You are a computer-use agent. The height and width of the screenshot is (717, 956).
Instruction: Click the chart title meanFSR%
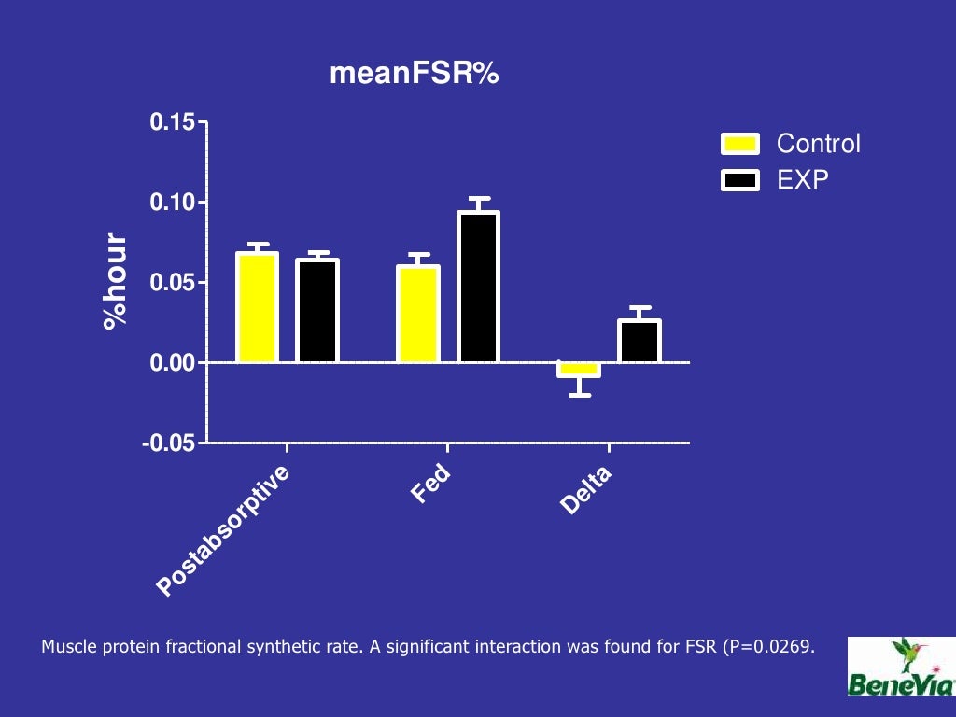tap(415, 74)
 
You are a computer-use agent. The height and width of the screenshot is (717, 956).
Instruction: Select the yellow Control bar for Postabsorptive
tap(257, 307)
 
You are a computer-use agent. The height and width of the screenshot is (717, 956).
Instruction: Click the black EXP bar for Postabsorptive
tap(317, 311)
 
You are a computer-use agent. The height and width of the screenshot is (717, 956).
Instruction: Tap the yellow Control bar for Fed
tap(418, 314)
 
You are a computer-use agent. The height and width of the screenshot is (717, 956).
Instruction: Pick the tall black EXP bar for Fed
tap(478, 287)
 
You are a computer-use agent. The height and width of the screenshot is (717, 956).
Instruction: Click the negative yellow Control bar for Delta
tap(579, 370)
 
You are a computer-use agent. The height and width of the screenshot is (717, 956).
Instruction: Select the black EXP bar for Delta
tap(639, 341)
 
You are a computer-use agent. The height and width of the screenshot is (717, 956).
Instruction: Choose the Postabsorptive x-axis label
tap(224, 530)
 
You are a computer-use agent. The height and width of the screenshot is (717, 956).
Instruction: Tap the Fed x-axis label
tap(430, 485)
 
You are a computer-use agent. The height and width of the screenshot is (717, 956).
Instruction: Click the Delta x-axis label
tap(585, 491)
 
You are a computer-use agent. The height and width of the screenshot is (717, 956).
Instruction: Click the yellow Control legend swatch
tap(740, 144)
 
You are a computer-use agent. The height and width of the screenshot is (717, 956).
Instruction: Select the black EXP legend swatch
tap(740, 180)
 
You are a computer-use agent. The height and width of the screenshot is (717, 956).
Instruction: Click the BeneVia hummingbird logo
tap(901, 667)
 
